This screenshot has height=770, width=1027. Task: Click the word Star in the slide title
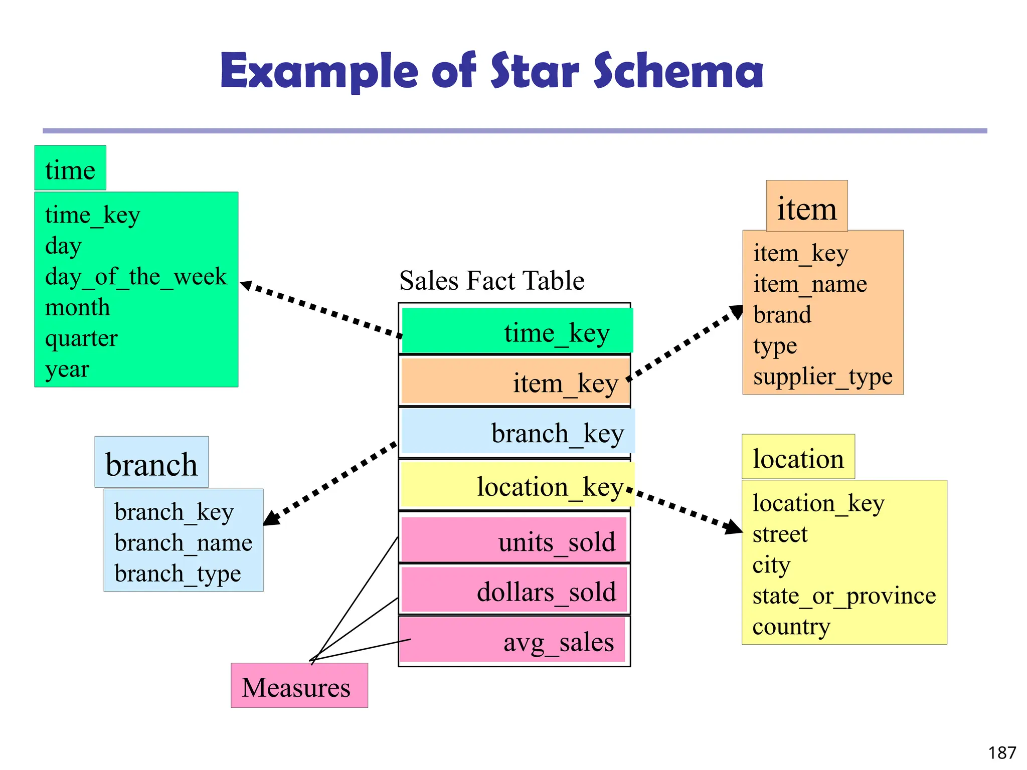(535, 71)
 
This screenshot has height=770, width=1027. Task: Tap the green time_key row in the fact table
(517, 331)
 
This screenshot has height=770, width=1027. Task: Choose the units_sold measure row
(515, 541)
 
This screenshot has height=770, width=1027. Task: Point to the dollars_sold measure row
(515, 591)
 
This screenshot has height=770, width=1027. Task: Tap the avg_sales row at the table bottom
(513, 641)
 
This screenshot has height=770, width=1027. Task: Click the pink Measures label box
(299, 686)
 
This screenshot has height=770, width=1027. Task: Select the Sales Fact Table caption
(491, 280)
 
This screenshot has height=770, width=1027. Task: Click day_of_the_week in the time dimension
(136, 276)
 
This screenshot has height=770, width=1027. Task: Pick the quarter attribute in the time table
(81, 338)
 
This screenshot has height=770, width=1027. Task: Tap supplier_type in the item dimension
(822, 376)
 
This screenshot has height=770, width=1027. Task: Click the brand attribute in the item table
(782, 315)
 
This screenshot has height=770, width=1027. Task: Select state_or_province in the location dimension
(844, 596)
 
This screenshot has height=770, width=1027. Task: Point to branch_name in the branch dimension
(183, 542)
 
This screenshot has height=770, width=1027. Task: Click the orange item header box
(806, 207)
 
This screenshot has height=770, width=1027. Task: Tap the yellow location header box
(798, 458)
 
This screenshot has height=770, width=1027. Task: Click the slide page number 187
(1001, 752)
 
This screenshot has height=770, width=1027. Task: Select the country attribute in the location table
(791, 627)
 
